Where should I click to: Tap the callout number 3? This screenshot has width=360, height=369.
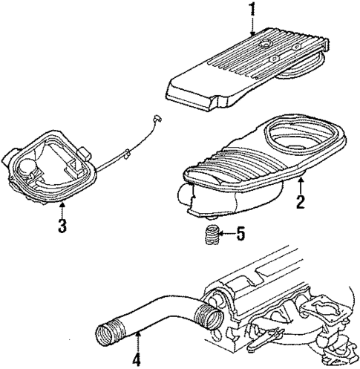coord(63,224)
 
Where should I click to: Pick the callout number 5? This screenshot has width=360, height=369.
coord(240,236)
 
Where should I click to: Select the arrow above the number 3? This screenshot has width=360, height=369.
coord(63,207)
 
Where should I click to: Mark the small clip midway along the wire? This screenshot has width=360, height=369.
coord(128,156)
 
